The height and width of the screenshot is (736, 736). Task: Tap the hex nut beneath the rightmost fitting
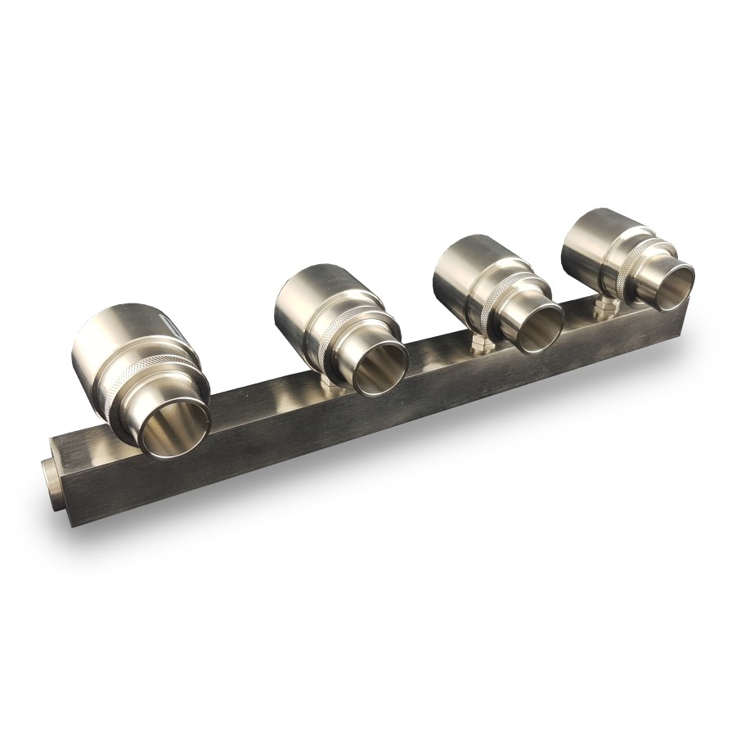point(605,309)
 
